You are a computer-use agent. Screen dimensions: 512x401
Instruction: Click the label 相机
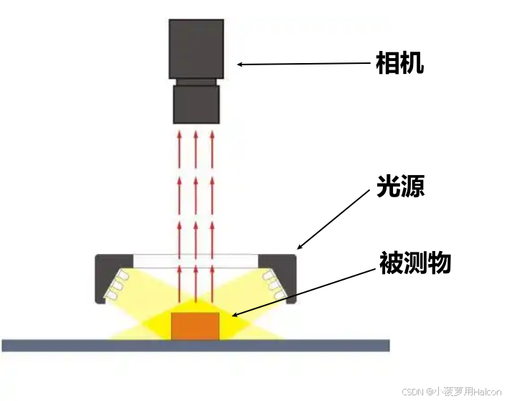tap(400, 63)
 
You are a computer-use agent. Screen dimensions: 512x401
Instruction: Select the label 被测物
tap(415, 263)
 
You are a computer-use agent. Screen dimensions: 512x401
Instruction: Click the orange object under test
tap(195, 326)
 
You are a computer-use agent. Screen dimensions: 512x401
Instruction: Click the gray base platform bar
tap(195, 346)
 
